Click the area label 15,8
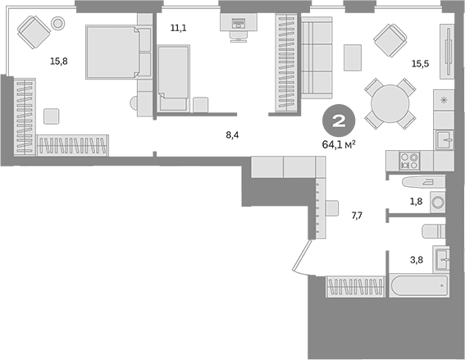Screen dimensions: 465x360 click(59, 62)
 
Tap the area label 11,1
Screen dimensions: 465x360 click(179, 28)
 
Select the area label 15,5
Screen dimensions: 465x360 click(420, 63)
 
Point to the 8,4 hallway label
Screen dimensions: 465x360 click(232, 135)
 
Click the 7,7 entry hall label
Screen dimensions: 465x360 click(357, 216)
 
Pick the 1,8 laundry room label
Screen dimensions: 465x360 click(416, 202)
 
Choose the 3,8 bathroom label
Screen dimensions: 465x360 click(417, 260)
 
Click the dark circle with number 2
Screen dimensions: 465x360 click(339, 121)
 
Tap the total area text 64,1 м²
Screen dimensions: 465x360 click(339, 144)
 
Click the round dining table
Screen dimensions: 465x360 click(390, 104)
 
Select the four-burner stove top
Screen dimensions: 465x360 click(409, 161)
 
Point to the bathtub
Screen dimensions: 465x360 click(419, 286)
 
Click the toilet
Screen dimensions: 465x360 click(434, 231)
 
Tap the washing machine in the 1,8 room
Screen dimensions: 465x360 click(438, 203)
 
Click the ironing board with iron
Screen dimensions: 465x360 click(424, 182)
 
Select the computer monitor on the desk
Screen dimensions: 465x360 click(239, 23)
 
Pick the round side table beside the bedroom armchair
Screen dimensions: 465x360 click(58, 22)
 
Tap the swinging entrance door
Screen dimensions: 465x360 click(303, 257)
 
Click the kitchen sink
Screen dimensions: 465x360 click(444, 140)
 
